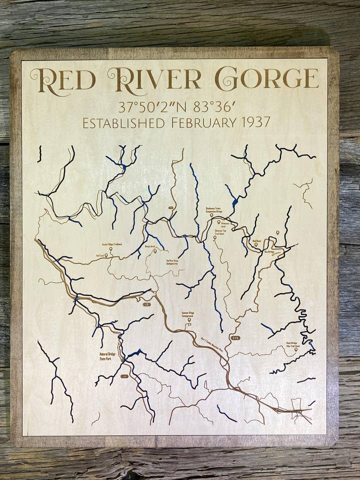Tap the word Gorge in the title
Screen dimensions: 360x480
266,78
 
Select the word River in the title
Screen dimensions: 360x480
154,78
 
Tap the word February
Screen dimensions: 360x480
197,122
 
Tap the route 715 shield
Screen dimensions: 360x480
235,338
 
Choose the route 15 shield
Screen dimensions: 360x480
146,304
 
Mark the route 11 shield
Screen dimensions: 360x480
124,376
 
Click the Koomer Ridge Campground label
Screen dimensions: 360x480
187,314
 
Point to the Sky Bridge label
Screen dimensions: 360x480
269,252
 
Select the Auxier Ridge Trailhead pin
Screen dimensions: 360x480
111,248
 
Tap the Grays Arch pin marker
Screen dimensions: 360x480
155,251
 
